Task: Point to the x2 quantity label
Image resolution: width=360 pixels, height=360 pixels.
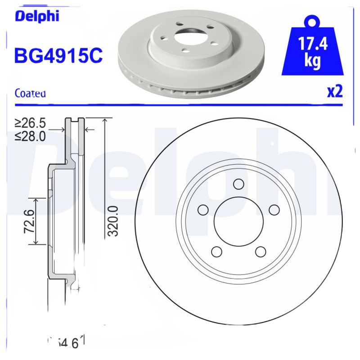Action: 334,91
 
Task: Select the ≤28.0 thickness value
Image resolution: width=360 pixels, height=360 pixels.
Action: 30,136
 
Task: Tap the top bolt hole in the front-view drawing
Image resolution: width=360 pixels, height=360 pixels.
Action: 238,184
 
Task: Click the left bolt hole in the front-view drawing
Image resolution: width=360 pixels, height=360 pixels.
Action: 203,210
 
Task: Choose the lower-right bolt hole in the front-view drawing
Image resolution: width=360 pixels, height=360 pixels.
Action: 260,251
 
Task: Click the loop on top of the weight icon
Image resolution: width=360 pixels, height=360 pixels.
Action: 312,21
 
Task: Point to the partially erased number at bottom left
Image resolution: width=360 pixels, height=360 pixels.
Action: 66,342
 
